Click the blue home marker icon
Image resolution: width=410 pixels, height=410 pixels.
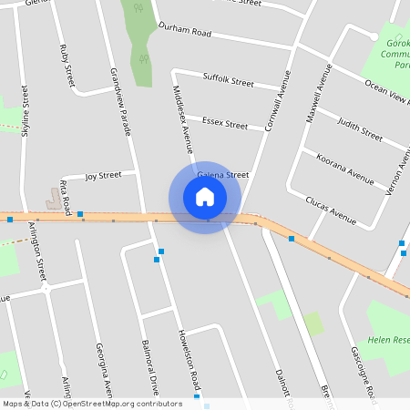[205, 196]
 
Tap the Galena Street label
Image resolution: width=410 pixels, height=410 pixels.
[223, 175]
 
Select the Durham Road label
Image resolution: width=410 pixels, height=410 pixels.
[184, 32]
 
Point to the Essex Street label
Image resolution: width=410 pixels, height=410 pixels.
[225, 121]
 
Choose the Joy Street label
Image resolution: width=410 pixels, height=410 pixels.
[103, 175]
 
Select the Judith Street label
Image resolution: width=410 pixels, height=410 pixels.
[359, 128]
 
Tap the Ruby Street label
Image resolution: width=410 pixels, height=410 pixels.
[66, 65]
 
